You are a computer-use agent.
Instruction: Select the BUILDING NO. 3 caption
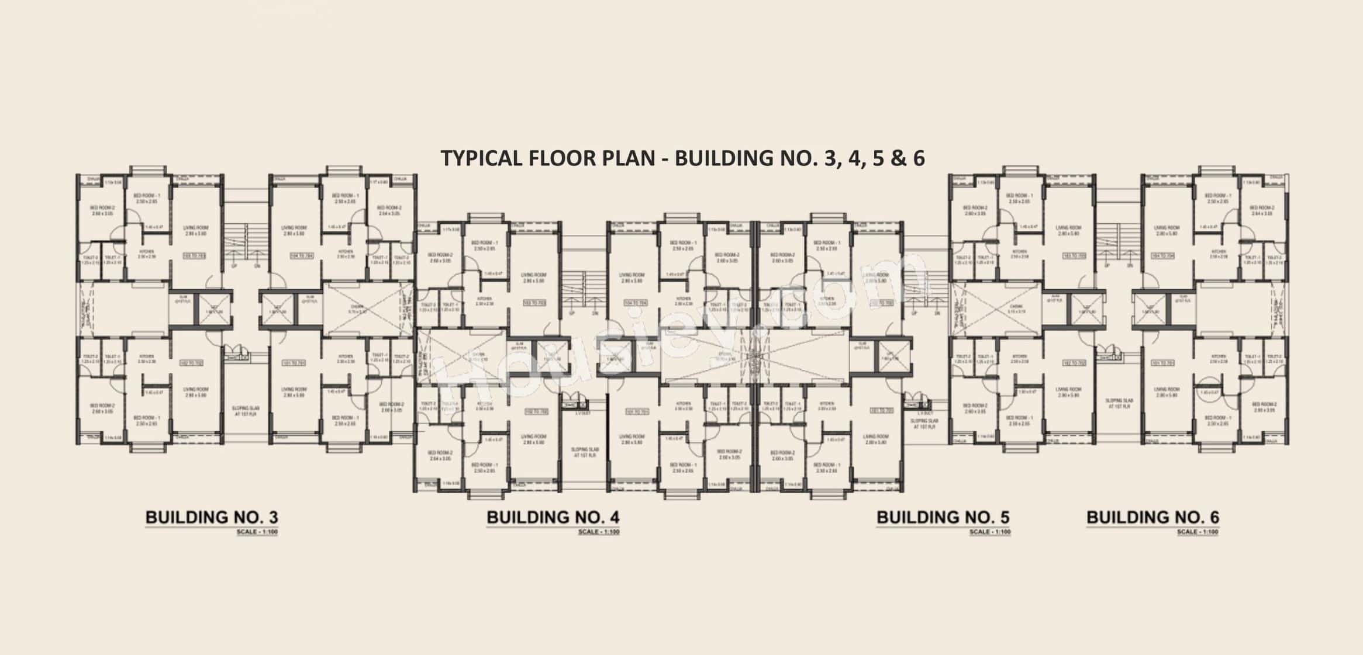[x=211, y=517]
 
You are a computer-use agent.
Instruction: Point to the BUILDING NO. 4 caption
[x=553, y=517]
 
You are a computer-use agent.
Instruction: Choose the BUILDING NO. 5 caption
[x=943, y=517]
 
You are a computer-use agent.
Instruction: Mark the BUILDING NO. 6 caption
[x=1152, y=517]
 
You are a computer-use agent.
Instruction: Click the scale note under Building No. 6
[x=1198, y=532]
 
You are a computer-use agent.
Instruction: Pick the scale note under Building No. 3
[x=257, y=532]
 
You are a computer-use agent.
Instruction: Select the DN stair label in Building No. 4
[x=595, y=313]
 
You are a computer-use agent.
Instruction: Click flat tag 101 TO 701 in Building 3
[x=294, y=363]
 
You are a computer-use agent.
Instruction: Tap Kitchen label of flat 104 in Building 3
[x=345, y=253]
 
